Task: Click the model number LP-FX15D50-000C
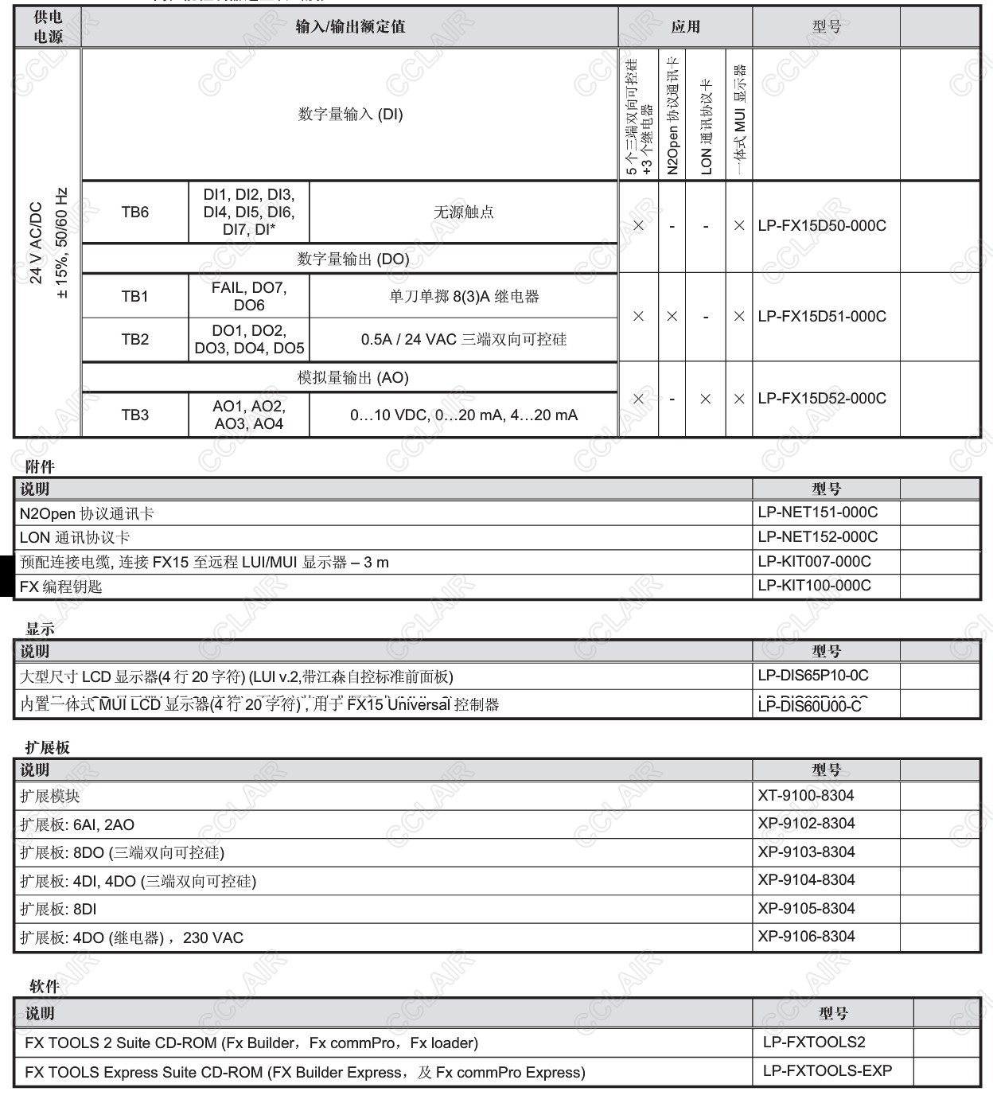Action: tap(821, 226)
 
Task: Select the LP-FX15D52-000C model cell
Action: tap(821, 399)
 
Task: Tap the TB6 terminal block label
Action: tap(134, 212)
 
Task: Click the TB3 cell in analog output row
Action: tap(134, 415)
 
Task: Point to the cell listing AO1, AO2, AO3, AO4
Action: tap(248, 415)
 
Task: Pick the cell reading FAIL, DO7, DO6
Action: tap(248, 297)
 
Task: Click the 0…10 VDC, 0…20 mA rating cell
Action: tap(464, 415)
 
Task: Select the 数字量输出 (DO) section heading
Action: tap(352, 259)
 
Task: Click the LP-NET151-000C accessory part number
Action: tap(817, 513)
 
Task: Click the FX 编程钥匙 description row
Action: tap(61, 587)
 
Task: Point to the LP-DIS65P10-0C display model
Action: tap(812, 676)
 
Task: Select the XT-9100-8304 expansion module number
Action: tap(806, 796)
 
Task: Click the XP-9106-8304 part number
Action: tap(806, 937)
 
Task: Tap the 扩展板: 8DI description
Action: tap(58, 910)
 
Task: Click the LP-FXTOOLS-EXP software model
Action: tap(827, 1071)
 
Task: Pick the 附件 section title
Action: tap(40, 467)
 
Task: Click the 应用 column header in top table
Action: tap(685, 27)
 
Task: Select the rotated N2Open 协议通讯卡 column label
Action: tap(672, 115)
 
